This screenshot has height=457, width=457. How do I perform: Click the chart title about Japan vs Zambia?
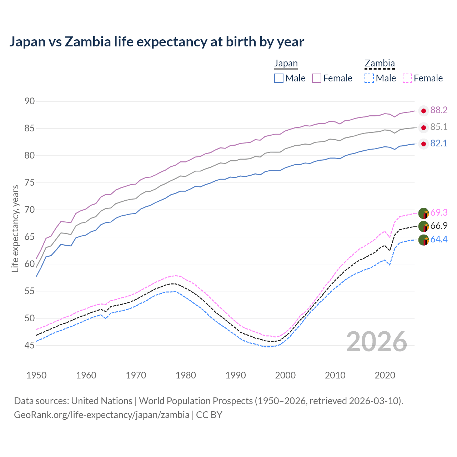156,42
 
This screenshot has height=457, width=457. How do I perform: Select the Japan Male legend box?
279,78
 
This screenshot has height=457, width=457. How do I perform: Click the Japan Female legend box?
317,78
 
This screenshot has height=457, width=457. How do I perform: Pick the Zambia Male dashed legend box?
369,78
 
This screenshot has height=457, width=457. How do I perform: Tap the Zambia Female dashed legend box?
407,78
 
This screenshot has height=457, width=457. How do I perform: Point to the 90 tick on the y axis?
30,101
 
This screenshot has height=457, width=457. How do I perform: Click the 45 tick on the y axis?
30,345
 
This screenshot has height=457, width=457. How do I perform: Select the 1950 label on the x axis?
36,375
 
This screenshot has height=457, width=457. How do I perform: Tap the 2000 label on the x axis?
286,375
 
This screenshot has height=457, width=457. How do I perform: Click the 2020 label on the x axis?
385,375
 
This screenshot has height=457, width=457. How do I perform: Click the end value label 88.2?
439,110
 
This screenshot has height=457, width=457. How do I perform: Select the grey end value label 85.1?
439,127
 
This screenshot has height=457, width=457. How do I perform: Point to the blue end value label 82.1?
439,144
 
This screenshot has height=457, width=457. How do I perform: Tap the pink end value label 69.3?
439,213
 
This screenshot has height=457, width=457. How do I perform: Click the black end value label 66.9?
439,226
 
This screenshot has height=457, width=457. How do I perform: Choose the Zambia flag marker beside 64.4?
423,240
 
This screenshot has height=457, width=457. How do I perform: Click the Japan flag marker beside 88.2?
423,111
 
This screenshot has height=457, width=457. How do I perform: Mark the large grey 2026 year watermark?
377,342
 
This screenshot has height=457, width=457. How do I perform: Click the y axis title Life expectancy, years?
15,228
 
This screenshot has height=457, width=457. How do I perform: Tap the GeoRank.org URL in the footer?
102,415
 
